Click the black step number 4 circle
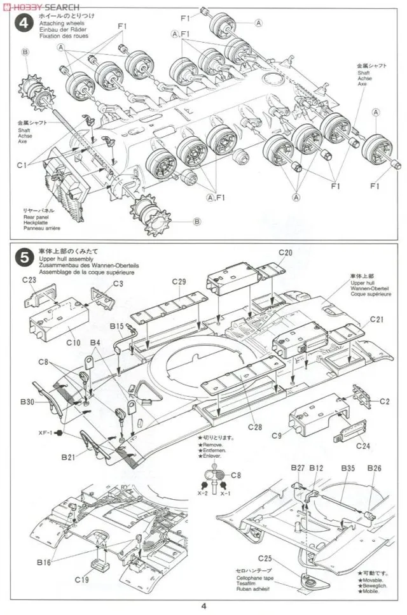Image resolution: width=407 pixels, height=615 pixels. (x=24, y=24)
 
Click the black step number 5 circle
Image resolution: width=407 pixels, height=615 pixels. (x=24, y=258)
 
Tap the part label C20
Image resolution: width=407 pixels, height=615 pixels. (x=286, y=253)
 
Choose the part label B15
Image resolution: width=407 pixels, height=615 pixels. (x=116, y=327)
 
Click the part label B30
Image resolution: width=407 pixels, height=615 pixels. (x=27, y=402)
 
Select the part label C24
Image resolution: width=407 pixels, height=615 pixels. (x=363, y=446)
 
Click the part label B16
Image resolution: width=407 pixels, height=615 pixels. (x=44, y=562)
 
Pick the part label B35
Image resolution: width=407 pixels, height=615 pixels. (x=347, y=469)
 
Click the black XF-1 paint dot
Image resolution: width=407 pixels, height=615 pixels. (x=59, y=433)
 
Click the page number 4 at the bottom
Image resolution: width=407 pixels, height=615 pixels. (x=203, y=607)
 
